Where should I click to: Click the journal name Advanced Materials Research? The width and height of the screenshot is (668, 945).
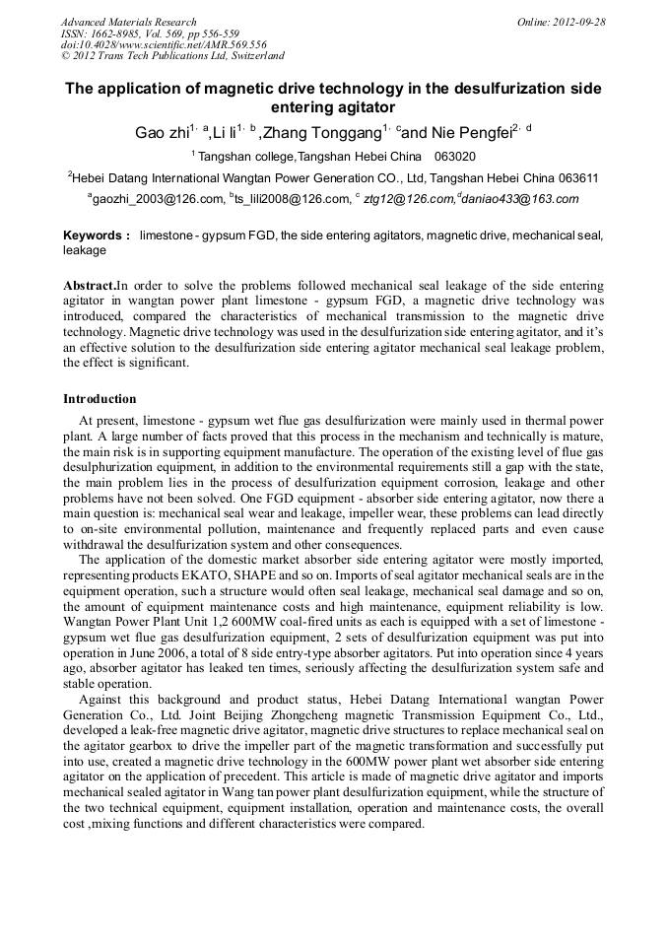(128, 22)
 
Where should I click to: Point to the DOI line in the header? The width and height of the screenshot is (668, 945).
(163, 45)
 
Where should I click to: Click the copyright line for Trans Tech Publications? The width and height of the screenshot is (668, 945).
(172, 57)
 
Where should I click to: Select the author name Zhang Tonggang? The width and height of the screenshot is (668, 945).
(320, 133)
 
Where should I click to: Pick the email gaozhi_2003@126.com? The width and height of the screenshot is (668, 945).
(158, 199)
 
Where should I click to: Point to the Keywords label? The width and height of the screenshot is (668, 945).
(96, 236)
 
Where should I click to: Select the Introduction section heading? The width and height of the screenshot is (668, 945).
(100, 399)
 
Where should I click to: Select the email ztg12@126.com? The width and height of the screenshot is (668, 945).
(408, 199)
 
